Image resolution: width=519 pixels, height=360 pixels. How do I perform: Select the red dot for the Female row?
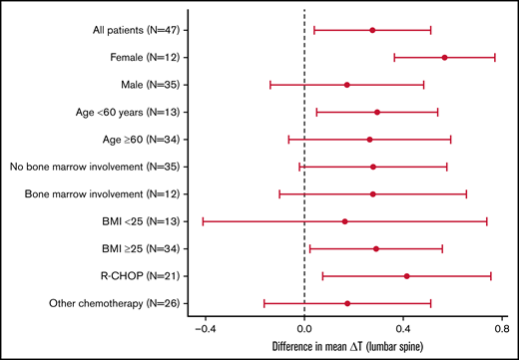click(444, 58)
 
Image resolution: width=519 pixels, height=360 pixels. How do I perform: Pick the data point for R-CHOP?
click(406, 275)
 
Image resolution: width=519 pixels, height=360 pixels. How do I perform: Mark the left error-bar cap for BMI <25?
click(203, 221)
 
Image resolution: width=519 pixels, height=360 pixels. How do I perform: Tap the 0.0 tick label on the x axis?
click(304, 326)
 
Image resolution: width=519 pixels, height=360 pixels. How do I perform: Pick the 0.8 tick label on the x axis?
click(500, 326)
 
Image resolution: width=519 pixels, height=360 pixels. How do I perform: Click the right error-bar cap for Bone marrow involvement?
click(466, 193)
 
